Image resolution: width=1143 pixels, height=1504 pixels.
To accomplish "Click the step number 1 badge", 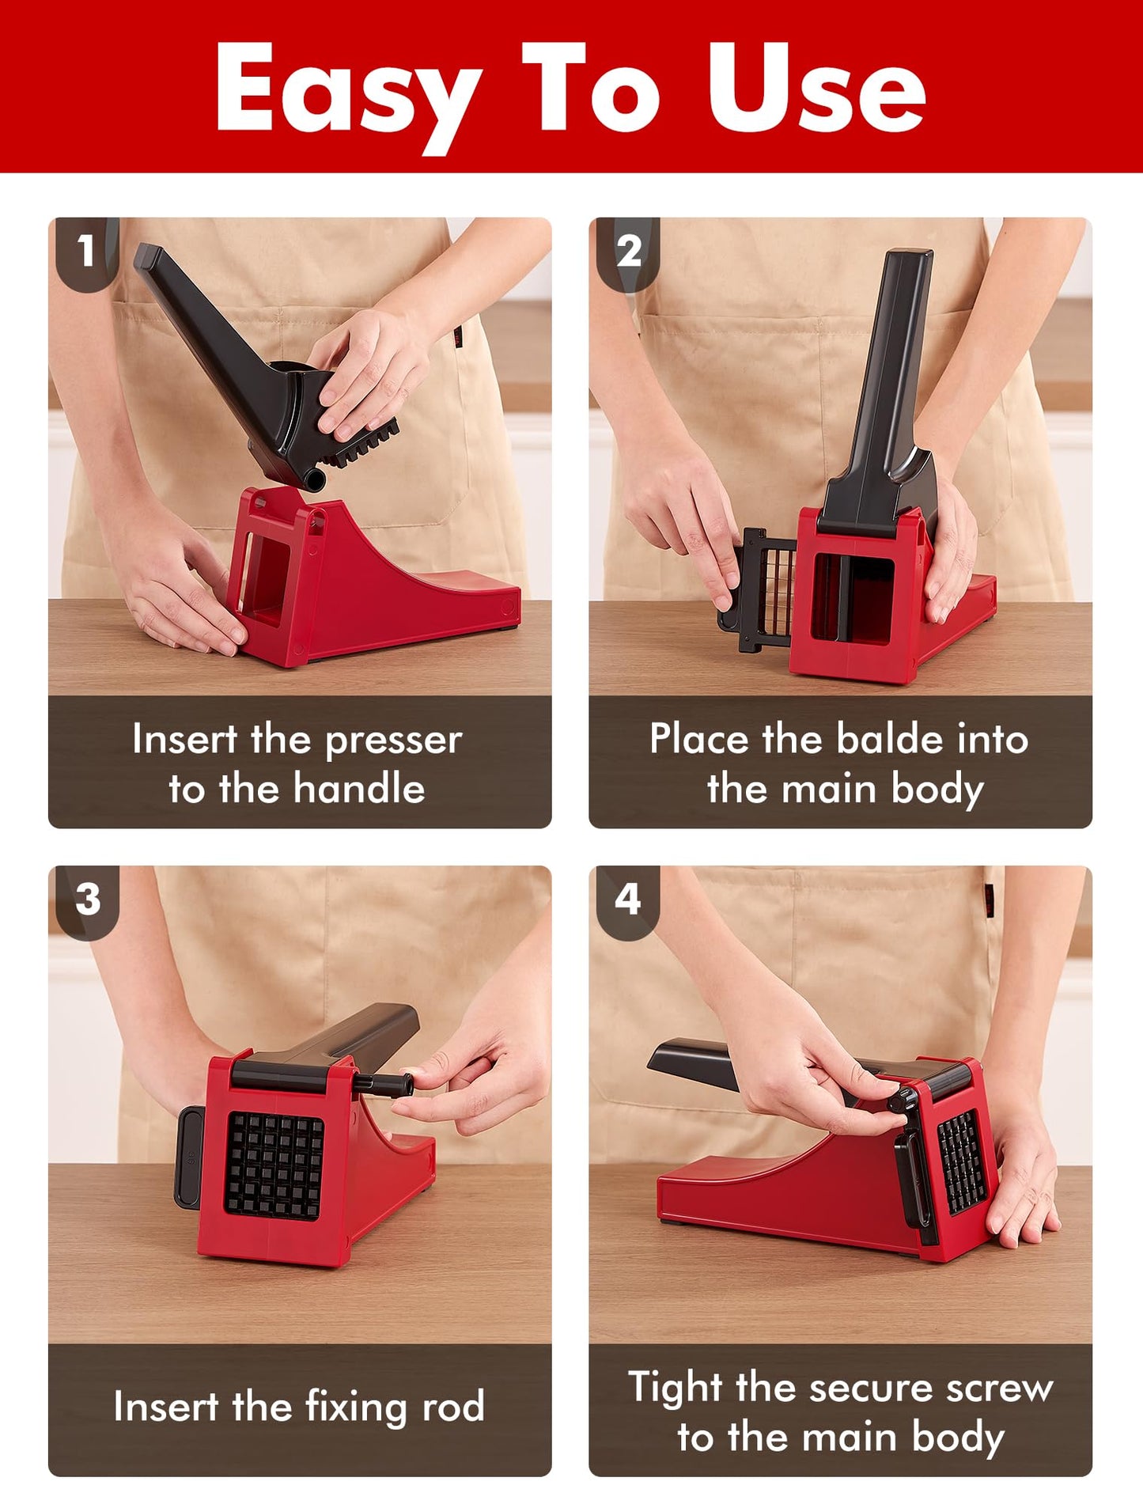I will coord(85,251).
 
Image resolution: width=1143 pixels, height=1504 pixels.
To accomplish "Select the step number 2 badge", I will coord(629,252).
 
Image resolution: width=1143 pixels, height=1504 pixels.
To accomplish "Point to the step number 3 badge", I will coord(87,900).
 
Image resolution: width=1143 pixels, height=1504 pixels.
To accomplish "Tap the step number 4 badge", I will coord(627,899).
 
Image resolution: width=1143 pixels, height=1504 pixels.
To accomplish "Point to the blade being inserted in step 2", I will coord(763,589).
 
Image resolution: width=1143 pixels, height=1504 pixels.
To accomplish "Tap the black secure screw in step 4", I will coord(903,1100).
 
